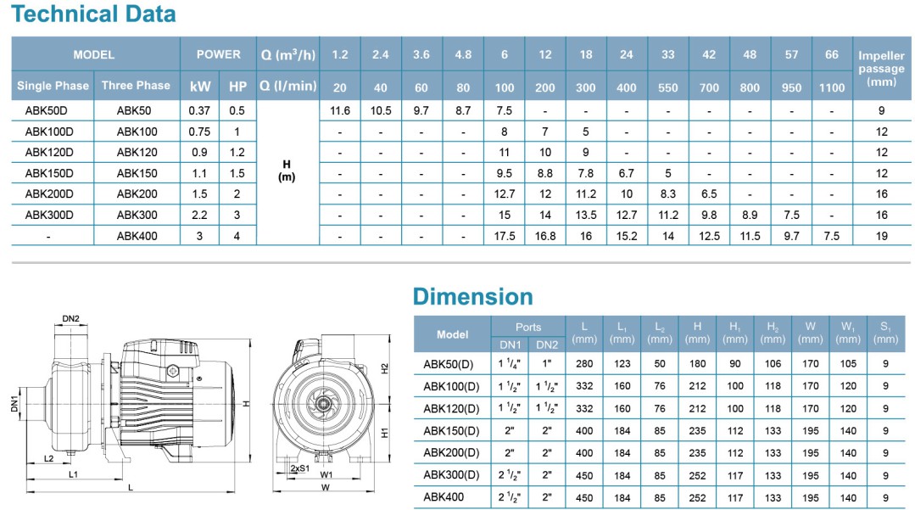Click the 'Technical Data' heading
point(94,14)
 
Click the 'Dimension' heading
point(472,296)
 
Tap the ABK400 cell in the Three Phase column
point(137,236)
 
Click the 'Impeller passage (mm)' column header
point(882,69)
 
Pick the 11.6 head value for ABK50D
point(339,110)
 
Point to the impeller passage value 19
point(882,236)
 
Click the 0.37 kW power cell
point(200,110)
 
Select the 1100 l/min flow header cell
point(832,87)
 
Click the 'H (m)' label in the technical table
point(287,173)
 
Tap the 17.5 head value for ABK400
point(504,236)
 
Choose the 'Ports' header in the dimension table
point(528,327)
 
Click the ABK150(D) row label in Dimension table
point(451,430)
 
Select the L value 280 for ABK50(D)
point(584,364)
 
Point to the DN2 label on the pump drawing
point(71,318)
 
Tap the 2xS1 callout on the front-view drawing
point(298,468)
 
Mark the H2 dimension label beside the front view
point(383,368)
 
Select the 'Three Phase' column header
point(136,86)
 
